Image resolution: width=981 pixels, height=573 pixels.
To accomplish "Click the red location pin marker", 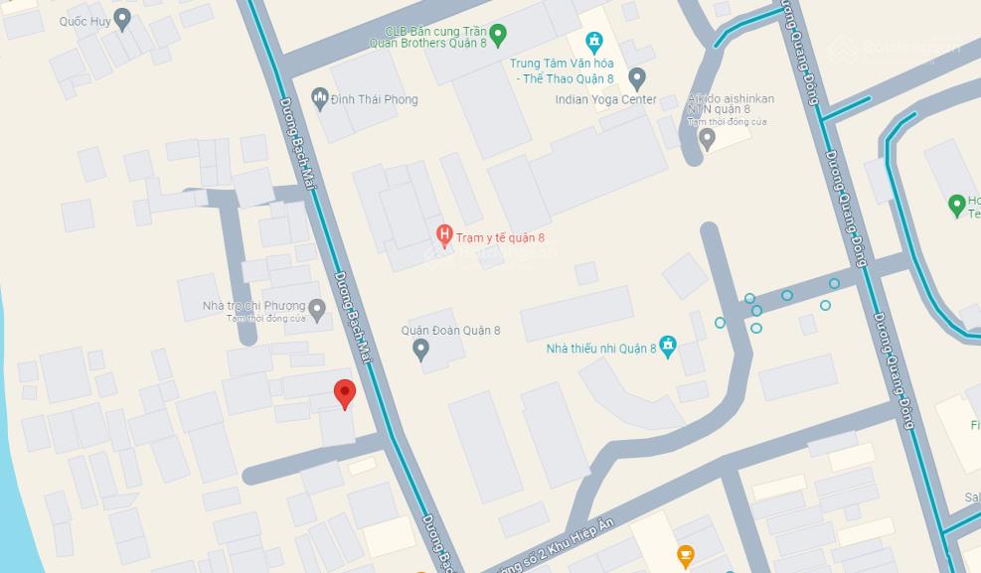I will click(x=344, y=393).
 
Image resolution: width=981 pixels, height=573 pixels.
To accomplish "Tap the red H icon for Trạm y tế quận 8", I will click(x=444, y=236).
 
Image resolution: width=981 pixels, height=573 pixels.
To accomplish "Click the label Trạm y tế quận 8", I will click(x=500, y=238).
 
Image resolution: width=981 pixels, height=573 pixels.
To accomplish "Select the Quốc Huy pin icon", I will click(x=122, y=18).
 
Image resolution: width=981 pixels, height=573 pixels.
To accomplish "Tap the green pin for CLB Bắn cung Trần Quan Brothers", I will click(x=499, y=36).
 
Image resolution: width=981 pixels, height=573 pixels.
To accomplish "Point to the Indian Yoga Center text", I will click(x=605, y=99).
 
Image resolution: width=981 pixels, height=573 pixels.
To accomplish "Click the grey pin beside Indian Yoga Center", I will click(x=637, y=77).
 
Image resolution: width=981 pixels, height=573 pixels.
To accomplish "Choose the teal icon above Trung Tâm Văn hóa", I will click(x=594, y=43).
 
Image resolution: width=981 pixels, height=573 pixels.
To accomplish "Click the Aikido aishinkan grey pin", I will click(x=707, y=138).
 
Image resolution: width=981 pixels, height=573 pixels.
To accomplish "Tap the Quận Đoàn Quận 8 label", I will click(x=450, y=331).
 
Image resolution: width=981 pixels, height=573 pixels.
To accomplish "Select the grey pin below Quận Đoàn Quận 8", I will click(x=420, y=349).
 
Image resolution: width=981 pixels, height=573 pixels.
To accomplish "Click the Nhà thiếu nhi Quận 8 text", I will click(x=600, y=349).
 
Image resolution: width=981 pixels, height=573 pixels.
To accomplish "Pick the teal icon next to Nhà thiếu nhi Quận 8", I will click(x=668, y=346).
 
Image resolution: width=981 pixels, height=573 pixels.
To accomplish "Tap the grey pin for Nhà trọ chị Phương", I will click(x=317, y=310).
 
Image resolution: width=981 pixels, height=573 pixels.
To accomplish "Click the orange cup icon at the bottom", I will click(x=685, y=554).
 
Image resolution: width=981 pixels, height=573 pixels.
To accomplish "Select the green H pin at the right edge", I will click(x=956, y=206).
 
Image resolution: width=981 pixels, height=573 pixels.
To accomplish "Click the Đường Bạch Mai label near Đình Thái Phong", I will click(x=296, y=139).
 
